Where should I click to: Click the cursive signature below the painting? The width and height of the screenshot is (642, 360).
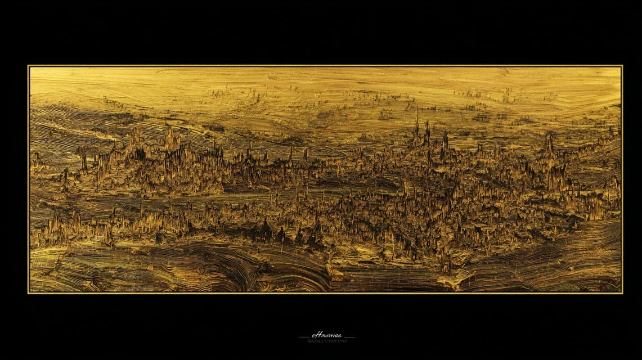326,336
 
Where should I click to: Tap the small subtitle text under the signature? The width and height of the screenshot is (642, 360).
326,341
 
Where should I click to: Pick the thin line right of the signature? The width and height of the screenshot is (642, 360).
348,337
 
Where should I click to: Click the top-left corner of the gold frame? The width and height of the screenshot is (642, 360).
29,66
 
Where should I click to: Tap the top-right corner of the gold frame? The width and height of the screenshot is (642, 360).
622,66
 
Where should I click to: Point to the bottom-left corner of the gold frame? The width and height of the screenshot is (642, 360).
29,292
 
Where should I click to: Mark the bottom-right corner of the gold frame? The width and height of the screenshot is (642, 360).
622,292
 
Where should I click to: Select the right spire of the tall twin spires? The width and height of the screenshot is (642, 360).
427,130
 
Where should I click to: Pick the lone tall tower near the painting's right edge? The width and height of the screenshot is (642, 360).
550,143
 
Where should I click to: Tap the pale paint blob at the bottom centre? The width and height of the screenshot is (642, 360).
336,274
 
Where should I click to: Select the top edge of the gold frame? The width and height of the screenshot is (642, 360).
325,66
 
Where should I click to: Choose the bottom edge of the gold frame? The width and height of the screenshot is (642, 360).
325,292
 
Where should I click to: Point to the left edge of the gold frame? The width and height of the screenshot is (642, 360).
29,180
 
